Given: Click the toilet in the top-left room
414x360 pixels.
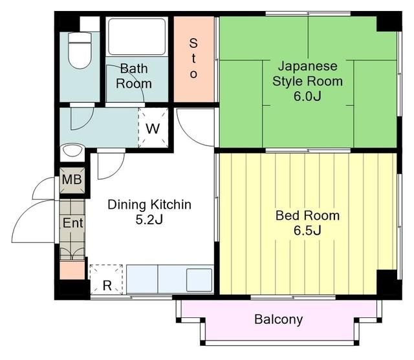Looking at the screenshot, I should coord(80,50).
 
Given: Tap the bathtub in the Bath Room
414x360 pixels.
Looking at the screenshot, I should coord(137,36).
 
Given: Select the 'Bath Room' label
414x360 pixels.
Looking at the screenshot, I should coord(134,76).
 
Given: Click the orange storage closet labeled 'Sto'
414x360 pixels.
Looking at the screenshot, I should coord(193,59).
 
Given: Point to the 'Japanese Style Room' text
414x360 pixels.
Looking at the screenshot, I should coord(308,74).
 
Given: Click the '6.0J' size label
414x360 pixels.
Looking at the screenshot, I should coord(308,97).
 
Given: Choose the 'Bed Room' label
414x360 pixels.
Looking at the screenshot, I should coord(307,216).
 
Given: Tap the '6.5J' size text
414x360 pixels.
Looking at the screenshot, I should coord(307,231).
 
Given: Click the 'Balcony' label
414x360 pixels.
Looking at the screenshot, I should coord(278,319).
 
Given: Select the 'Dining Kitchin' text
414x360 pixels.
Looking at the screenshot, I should coord(149,205).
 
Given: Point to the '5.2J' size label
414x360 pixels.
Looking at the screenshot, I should coord(149,220).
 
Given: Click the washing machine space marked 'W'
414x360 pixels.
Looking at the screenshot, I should coord(153,128).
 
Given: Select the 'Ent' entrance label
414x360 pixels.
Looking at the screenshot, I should coord(72,223).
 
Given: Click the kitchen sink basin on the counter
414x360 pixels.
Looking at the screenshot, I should coord(199,279).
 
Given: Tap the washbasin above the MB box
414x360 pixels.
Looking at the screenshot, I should coord(72,153).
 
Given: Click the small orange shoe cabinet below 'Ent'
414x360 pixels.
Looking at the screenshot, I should coord(72,270).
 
